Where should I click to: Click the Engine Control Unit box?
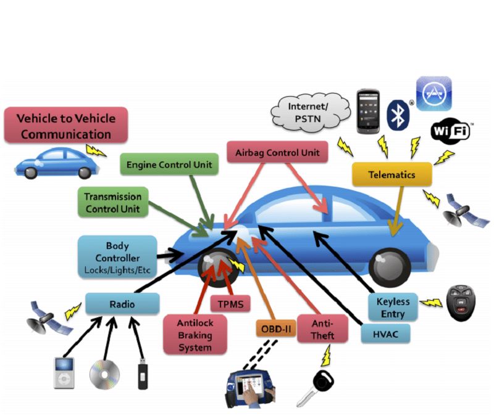click(169, 165)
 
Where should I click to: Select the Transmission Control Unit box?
click(112, 203)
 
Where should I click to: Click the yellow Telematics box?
click(391, 174)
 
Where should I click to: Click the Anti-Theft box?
click(322, 329)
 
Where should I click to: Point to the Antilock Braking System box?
click(195, 335)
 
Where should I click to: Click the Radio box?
click(122, 304)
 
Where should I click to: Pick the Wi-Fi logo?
click(450, 131)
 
